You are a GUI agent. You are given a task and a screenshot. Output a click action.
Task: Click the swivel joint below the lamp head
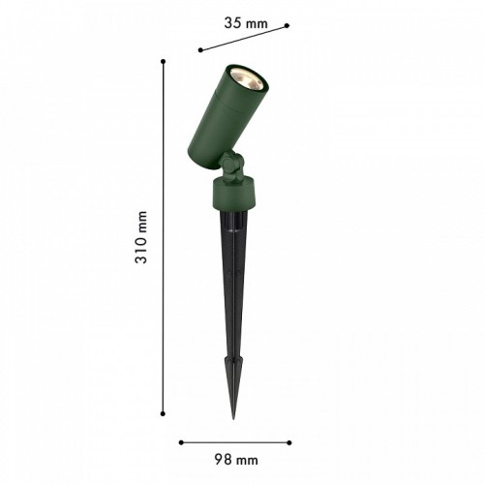230,172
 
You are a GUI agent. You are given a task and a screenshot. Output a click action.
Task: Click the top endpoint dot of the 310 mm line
164,61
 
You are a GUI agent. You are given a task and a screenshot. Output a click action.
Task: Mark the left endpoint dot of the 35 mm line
199,49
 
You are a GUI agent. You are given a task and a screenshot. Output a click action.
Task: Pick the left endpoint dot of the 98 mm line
181,441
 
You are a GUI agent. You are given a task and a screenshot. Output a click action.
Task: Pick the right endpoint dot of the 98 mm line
290,441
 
